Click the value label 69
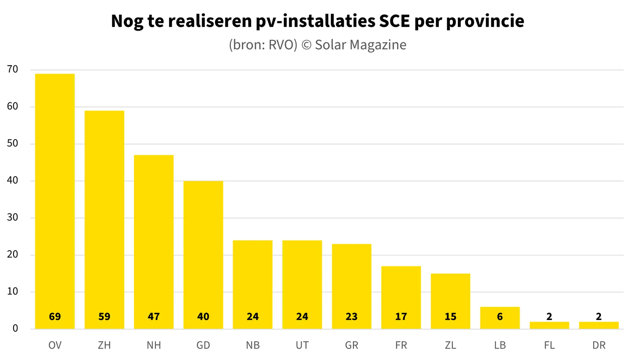click(55, 316)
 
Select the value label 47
click(154, 316)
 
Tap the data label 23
click(351, 316)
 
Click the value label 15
click(450, 316)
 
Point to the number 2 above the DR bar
click(599, 316)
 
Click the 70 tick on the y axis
click(12, 69)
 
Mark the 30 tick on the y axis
click(12, 217)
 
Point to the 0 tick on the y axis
click(15, 328)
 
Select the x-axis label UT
click(302, 345)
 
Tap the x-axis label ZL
click(450, 345)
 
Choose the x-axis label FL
click(549, 345)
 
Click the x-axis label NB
click(253, 345)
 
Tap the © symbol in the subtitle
click(306, 45)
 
